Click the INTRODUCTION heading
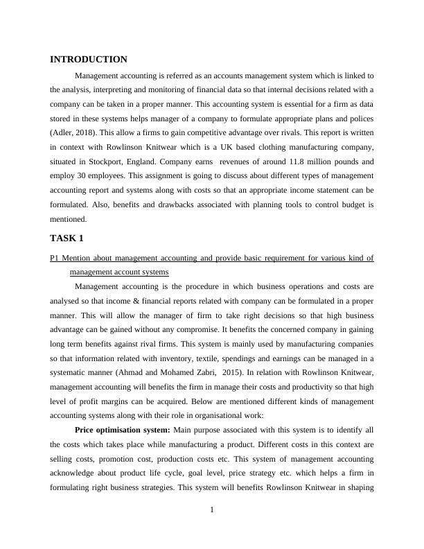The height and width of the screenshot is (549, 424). click(x=89, y=60)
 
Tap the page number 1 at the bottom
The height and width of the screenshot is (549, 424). click(x=212, y=511)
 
